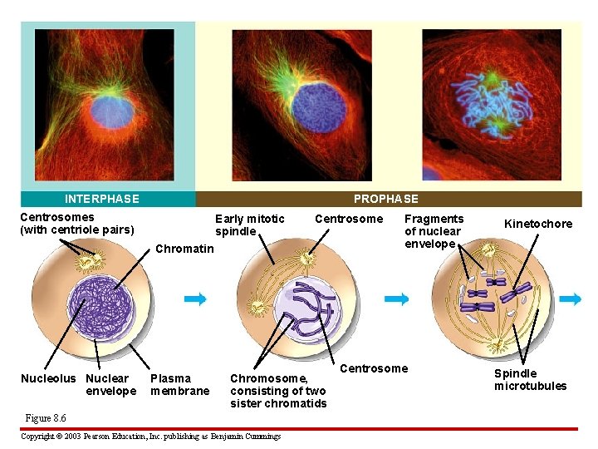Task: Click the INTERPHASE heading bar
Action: [x=101, y=199]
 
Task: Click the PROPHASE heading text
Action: [x=385, y=199]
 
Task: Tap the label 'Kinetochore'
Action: [x=538, y=224]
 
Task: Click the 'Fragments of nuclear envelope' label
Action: [x=433, y=231]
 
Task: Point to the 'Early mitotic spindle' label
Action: [x=249, y=225]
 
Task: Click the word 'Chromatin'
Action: [x=184, y=249]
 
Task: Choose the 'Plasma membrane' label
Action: [x=179, y=385]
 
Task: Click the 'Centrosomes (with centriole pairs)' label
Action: [x=76, y=224]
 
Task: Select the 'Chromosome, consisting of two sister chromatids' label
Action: [x=277, y=391]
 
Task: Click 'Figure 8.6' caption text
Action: [x=46, y=417]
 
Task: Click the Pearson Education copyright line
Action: [x=150, y=436]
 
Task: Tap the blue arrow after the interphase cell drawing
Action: [x=194, y=300]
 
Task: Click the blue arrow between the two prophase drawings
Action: [x=397, y=299]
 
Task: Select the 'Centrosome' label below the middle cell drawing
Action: [x=374, y=368]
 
